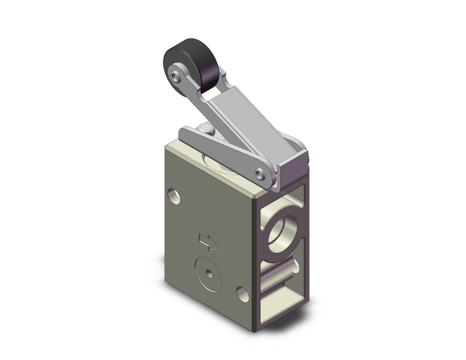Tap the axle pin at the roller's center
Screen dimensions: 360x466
tap(177, 79)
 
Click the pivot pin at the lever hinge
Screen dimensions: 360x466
tap(262, 175)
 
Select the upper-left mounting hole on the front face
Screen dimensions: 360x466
tap(175, 197)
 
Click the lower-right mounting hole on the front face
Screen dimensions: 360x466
tap(242, 294)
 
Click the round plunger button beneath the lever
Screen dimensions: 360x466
tap(207, 129)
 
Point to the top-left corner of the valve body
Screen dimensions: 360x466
tap(166, 147)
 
